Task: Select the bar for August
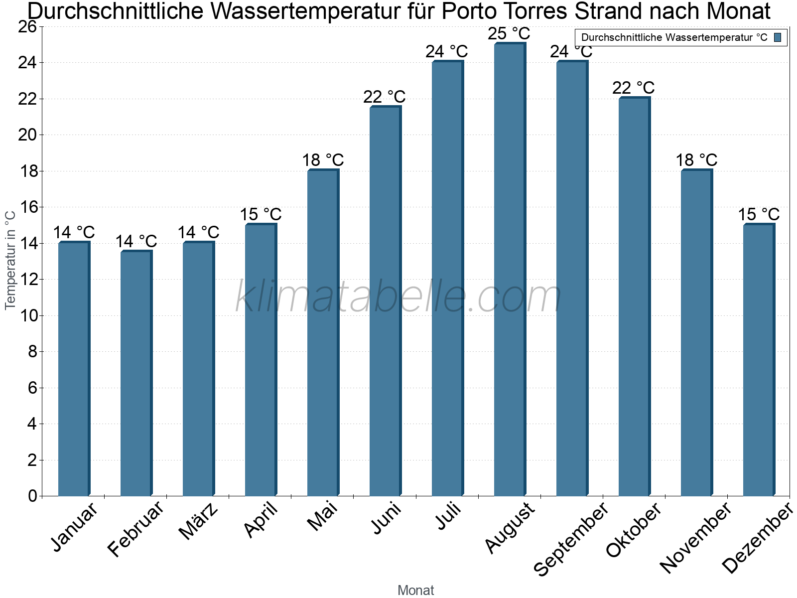(x=510, y=269)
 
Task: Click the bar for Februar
(x=136, y=373)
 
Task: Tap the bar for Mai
(x=323, y=332)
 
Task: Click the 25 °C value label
(x=509, y=34)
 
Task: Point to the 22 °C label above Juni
(x=384, y=97)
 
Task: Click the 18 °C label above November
(x=696, y=160)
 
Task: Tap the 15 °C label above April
(x=261, y=214)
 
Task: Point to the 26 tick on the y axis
(x=27, y=27)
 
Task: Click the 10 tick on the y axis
(x=29, y=316)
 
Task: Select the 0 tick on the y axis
(x=33, y=496)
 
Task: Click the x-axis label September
(x=570, y=539)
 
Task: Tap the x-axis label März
(x=198, y=521)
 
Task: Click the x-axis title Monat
(x=416, y=590)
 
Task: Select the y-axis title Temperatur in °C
(x=10, y=260)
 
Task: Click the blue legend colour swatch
(x=778, y=37)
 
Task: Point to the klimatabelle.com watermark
(x=398, y=296)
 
